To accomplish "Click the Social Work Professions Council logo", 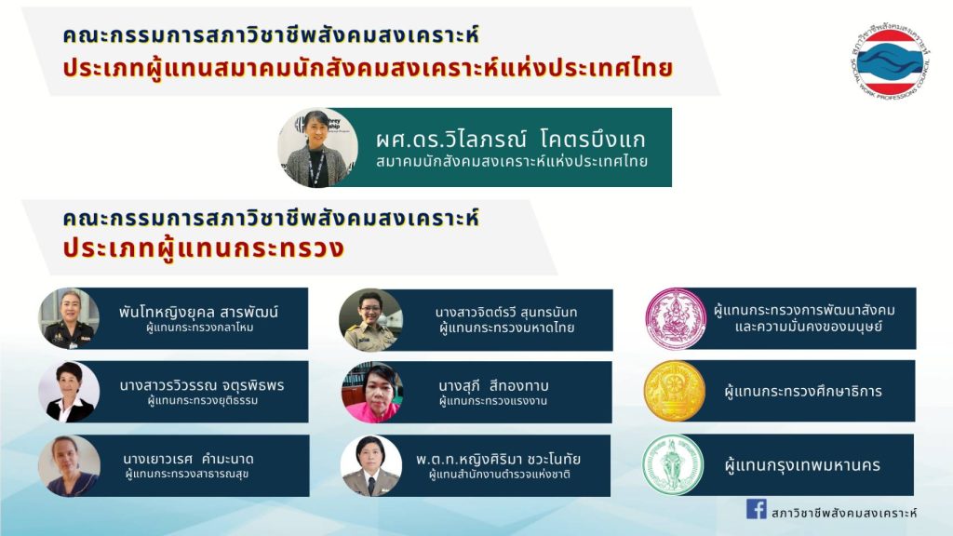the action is [x=891, y=62].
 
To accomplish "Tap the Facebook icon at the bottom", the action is [x=756, y=509].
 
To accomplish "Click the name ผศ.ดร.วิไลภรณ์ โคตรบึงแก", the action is [x=511, y=140].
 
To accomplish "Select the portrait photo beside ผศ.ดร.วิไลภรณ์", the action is [x=318, y=148].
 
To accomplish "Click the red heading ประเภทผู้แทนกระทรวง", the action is [x=204, y=248].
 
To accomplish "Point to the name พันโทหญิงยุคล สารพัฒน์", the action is [x=198, y=313].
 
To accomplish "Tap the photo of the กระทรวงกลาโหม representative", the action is [x=69, y=318].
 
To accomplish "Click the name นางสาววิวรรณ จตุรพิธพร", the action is [x=202, y=385].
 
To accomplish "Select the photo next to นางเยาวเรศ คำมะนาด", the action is [x=69, y=465].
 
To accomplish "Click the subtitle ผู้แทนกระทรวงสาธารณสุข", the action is [x=187, y=474].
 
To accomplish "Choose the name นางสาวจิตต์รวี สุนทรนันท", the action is [x=506, y=313].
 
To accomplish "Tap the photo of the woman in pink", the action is [x=372, y=393].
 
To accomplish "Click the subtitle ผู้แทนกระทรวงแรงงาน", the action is [x=493, y=401].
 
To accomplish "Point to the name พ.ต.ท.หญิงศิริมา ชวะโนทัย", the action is [x=499, y=459].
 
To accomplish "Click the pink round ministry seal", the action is [x=676, y=319].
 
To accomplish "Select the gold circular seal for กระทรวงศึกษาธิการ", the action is [x=675, y=392].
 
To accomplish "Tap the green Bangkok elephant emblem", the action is [x=673, y=465].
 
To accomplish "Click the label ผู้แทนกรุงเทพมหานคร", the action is [x=803, y=465].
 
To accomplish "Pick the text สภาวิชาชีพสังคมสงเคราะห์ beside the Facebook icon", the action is [x=843, y=513].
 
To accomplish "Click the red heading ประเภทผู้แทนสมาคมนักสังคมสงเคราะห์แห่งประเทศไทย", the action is [x=368, y=68].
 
